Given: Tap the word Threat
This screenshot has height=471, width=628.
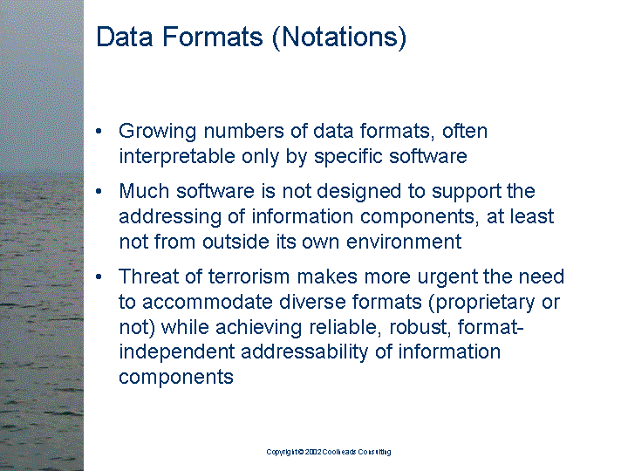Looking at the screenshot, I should pos(146,276).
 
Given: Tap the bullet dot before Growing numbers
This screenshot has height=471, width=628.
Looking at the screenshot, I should pos(101,132).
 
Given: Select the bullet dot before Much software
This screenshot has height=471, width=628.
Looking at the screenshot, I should pos(101,191).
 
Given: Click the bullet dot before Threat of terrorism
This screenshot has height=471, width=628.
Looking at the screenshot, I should pos(101,276).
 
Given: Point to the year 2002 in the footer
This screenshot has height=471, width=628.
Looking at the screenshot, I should pos(315,452).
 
